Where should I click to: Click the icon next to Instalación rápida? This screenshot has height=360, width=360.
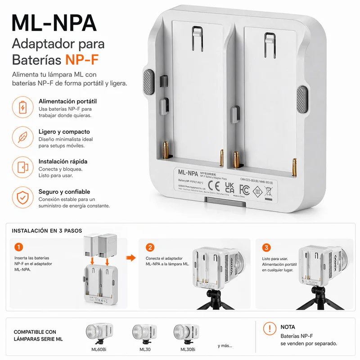click(22, 167)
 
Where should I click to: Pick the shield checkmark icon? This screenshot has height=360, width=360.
click(22, 198)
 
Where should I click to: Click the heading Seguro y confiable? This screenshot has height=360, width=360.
click(64, 192)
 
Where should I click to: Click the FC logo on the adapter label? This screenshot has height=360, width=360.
click(244, 188)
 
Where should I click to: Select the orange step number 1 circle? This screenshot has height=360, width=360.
click(18, 247)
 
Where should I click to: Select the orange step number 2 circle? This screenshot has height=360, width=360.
click(150, 247)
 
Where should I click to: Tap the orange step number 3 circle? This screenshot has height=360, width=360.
click(267, 247)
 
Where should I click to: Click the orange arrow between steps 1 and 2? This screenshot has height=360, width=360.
click(130, 258)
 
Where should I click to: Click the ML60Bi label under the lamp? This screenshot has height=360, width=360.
click(99, 349)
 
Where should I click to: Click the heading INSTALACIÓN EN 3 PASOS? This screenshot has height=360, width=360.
click(47, 230)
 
